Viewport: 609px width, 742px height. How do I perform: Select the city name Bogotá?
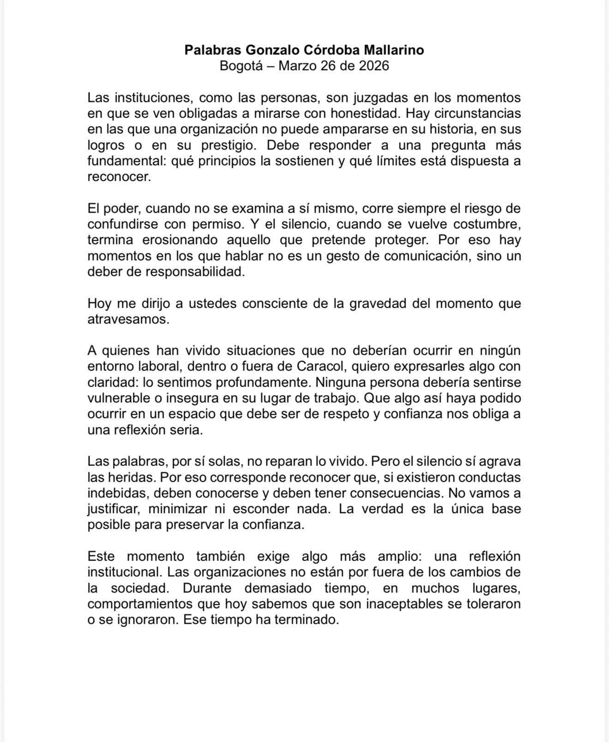coord(240,66)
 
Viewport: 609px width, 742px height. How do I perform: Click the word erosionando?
coord(188,240)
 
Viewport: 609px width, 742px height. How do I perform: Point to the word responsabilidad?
coord(195,272)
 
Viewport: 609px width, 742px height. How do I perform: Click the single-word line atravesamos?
coord(128,319)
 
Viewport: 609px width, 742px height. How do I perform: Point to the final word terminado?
coord(306,620)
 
